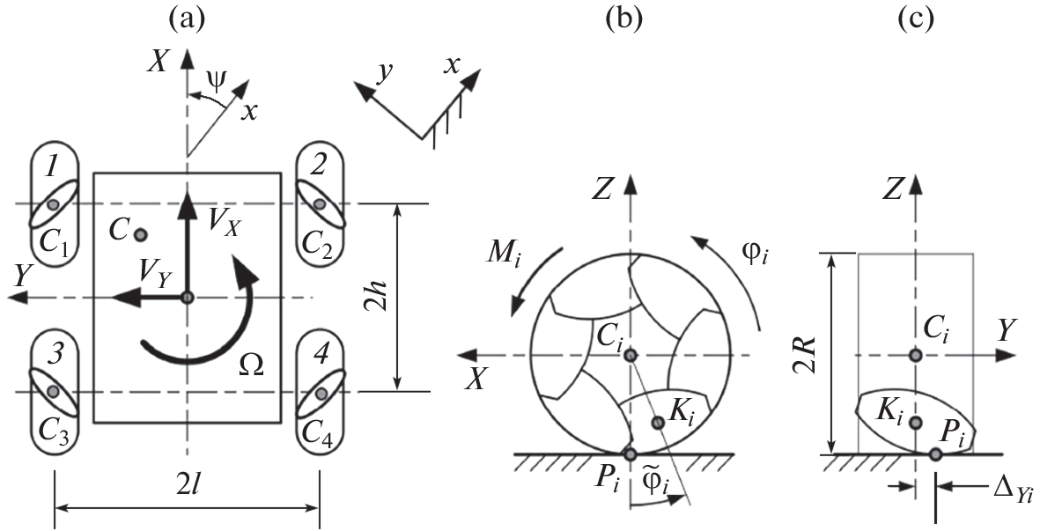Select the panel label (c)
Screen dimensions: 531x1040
(x=915, y=18)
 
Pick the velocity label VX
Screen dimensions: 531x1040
(x=224, y=225)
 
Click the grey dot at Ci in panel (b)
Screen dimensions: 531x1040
(x=630, y=355)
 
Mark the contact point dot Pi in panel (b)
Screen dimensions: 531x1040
(x=630, y=454)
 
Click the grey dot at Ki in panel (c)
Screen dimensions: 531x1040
(x=916, y=424)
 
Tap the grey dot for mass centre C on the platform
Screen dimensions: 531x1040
(x=140, y=234)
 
